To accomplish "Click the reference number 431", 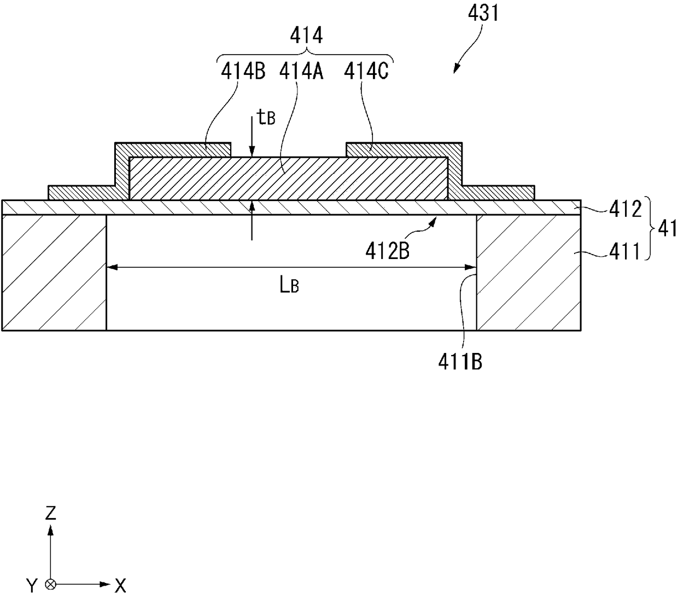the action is pyautogui.click(x=483, y=14).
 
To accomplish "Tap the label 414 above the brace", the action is pyautogui.click(x=306, y=36).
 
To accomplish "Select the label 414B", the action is pyautogui.click(x=243, y=72).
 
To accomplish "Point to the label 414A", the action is pyautogui.click(x=301, y=72).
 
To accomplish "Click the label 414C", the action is pyautogui.click(x=366, y=72).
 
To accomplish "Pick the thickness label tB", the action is pyautogui.click(x=266, y=117).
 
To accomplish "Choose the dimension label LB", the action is pyautogui.click(x=289, y=286).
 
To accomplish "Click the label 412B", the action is pyautogui.click(x=387, y=251).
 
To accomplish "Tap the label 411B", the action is pyautogui.click(x=460, y=362).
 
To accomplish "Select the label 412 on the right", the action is pyautogui.click(x=625, y=209).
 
